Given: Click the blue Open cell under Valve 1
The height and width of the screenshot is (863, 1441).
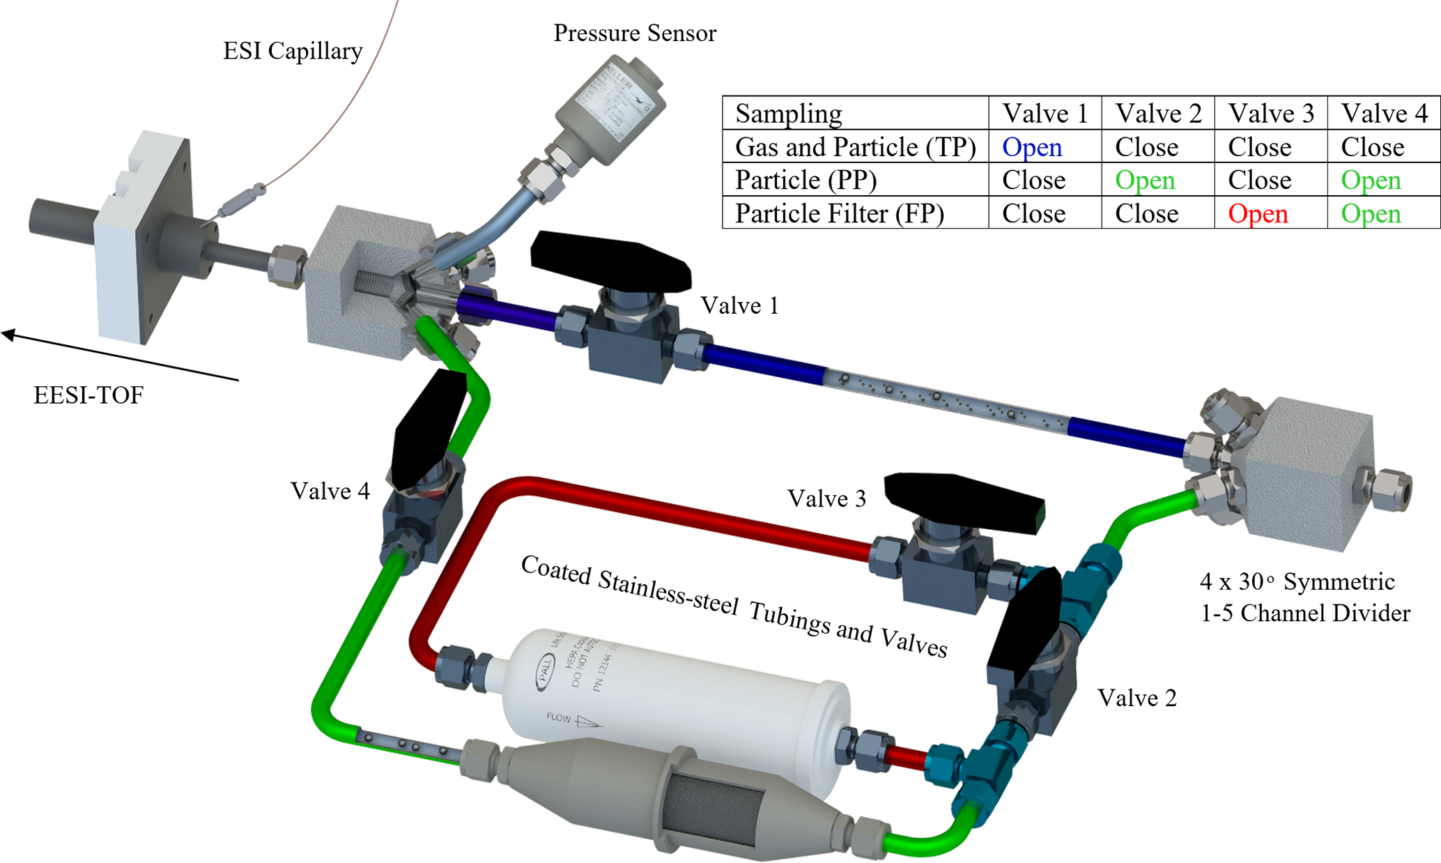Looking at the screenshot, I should (1031, 147).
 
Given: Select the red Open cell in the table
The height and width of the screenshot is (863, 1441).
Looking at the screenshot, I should (1258, 213).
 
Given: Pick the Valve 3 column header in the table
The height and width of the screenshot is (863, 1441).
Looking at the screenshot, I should (1271, 113).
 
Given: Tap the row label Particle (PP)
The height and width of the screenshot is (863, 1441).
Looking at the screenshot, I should (806, 180).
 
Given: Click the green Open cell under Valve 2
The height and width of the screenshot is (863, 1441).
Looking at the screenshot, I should (1145, 180).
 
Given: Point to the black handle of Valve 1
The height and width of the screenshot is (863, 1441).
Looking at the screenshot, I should (610, 262).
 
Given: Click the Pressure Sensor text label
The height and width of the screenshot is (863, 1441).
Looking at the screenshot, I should (634, 33).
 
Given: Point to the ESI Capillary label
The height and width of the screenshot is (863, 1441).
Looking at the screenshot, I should (293, 51).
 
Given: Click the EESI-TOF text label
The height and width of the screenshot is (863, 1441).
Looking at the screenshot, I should (88, 395).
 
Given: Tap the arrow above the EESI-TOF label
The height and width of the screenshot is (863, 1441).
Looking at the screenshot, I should (118, 356).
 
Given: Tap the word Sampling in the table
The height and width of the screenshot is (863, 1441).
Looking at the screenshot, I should (788, 113).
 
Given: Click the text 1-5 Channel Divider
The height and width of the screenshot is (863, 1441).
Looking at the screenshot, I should (1304, 613).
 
